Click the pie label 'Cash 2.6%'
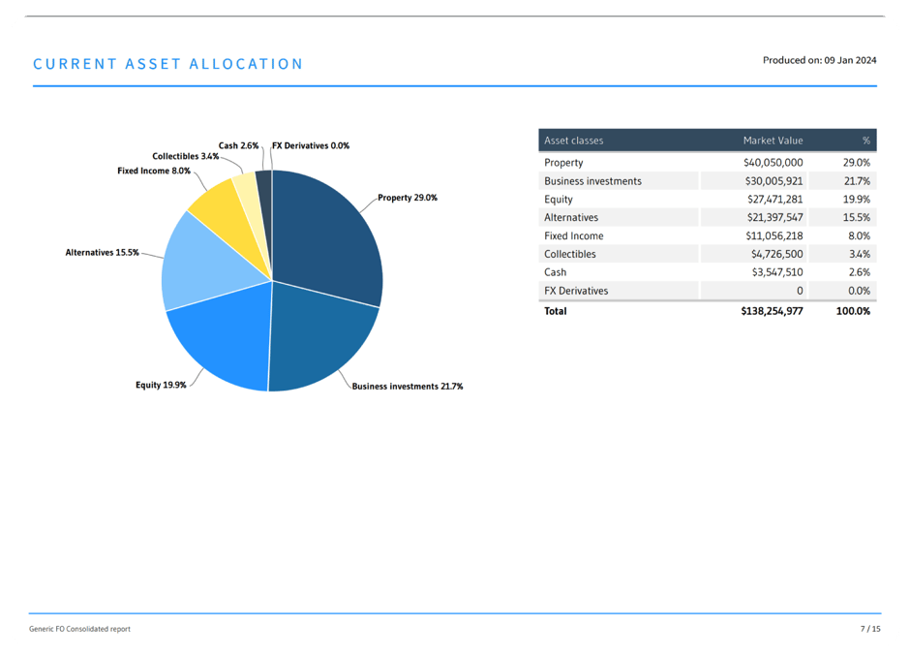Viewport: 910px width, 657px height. click(x=238, y=146)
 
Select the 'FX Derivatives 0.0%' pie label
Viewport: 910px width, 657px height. click(x=311, y=146)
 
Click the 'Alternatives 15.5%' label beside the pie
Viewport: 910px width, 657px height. click(x=102, y=252)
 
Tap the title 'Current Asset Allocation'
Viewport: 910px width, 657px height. click(x=167, y=64)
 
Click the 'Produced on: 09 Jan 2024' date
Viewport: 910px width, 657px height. click(x=819, y=60)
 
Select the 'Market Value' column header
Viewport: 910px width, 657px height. click(x=773, y=141)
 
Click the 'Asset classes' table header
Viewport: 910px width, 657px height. click(x=573, y=141)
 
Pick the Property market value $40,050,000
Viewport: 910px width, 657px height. click(x=773, y=163)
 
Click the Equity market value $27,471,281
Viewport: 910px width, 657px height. click(x=773, y=200)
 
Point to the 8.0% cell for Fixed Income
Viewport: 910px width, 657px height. click(x=858, y=236)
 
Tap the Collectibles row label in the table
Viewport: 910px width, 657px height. click(x=570, y=255)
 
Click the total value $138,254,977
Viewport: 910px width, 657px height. click(x=771, y=311)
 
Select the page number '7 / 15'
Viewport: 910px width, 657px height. click(x=870, y=630)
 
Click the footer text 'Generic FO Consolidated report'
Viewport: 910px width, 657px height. click(x=79, y=630)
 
